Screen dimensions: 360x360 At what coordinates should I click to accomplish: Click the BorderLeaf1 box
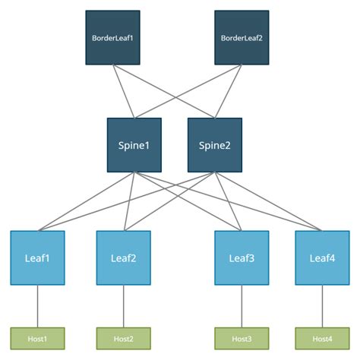pyautogui.click(x=112, y=37)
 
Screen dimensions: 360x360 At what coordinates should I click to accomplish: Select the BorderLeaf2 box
pyautogui.click(x=241, y=37)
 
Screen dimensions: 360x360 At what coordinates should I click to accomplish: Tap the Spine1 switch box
pyautogui.click(x=134, y=144)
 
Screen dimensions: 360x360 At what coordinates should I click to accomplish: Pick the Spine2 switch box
pyautogui.click(x=214, y=144)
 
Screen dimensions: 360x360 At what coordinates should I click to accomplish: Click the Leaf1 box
pyautogui.click(x=37, y=257)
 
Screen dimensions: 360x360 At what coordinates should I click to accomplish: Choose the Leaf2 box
pyautogui.click(x=123, y=257)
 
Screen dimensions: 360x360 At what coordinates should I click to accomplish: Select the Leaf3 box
pyautogui.click(x=242, y=257)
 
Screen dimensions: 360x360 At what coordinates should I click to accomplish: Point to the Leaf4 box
pyautogui.click(x=322, y=257)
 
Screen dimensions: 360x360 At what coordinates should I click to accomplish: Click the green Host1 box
pyautogui.click(x=37, y=338)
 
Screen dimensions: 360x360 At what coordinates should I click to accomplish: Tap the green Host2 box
pyautogui.click(x=123, y=338)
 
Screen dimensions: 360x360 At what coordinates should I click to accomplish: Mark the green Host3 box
pyautogui.click(x=242, y=338)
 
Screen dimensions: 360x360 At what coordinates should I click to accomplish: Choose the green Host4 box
pyautogui.click(x=322, y=338)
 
